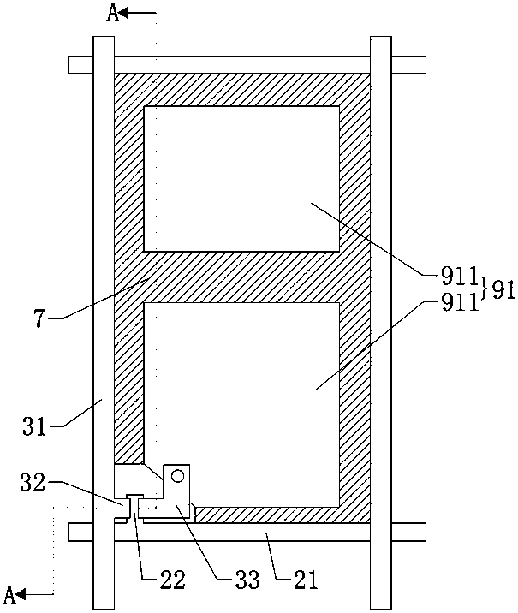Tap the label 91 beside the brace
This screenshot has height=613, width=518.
502,289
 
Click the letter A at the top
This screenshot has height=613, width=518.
112,13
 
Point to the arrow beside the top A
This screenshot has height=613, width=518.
140,13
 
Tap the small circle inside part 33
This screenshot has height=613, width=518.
177,474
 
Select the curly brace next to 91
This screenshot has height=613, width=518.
485,289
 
